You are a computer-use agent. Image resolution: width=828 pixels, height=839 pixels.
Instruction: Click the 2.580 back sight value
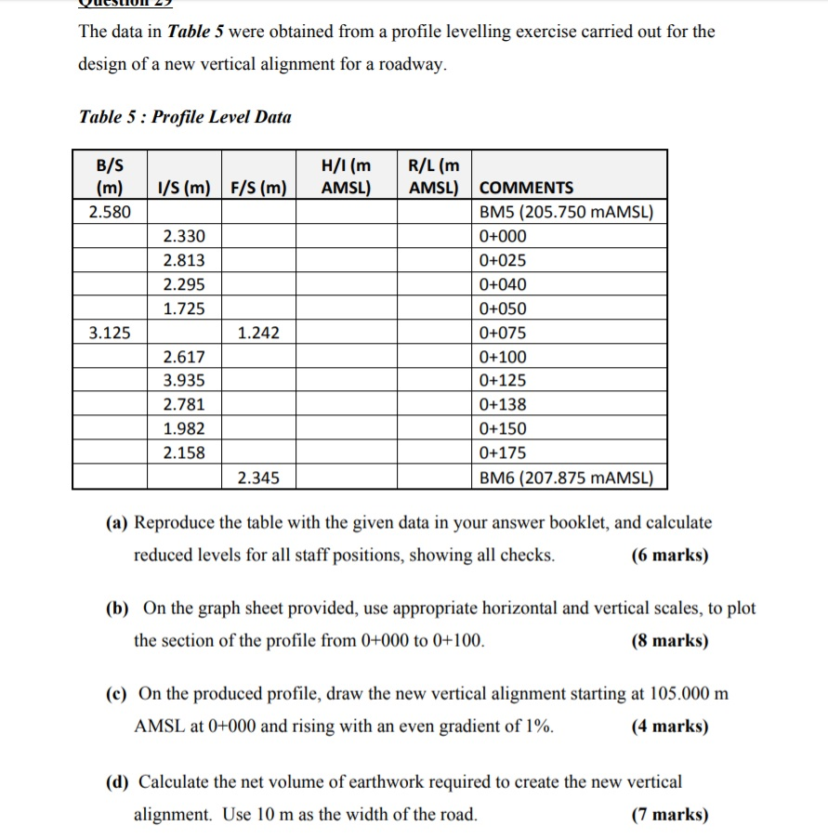pos(110,212)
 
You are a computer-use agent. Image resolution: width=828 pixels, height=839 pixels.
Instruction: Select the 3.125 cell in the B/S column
pos(110,333)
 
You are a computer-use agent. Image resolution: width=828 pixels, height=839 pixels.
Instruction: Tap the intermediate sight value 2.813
pos(184,260)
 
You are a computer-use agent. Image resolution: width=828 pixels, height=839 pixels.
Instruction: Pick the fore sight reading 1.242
pos(258,333)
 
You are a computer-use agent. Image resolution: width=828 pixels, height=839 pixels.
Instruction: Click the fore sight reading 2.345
pos(258,478)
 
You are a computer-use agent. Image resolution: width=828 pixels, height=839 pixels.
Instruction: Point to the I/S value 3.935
pos(184,381)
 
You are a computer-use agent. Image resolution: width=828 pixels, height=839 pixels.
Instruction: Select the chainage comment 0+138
pos(503,405)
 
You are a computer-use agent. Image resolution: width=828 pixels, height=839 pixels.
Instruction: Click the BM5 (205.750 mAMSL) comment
pos(567,212)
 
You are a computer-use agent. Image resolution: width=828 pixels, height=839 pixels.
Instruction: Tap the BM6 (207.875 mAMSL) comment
pos(567,478)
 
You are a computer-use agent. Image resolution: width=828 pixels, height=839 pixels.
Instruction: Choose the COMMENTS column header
pos(526,188)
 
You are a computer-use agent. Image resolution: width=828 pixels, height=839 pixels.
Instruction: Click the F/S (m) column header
pos(258,188)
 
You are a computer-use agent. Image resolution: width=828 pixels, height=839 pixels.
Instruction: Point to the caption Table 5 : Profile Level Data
pos(185,117)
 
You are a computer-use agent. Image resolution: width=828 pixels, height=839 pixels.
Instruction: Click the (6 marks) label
pos(669,556)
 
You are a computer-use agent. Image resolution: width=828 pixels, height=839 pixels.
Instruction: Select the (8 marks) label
pos(669,641)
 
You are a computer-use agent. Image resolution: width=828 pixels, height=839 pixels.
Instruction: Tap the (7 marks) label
pos(669,816)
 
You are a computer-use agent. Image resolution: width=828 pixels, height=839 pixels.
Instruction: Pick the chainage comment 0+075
pos(503,333)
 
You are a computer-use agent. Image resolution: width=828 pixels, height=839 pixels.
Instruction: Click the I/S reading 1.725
pos(184,308)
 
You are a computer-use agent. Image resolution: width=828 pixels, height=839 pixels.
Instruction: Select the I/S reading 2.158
pos(184,453)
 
